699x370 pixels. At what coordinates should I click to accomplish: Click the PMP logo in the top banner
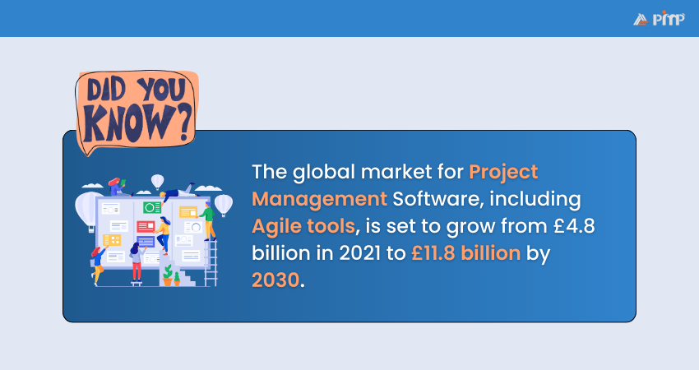(659, 19)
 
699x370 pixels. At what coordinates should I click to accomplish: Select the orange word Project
(503, 173)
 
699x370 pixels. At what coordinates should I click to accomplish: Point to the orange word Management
(319, 199)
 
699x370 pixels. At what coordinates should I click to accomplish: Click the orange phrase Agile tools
(303, 226)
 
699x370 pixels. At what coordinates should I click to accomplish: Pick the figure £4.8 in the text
(574, 225)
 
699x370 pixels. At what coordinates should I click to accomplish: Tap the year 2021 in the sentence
(359, 253)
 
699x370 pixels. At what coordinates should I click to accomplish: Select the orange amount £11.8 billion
(465, 253)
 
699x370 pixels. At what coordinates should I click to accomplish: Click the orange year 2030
(275, 280)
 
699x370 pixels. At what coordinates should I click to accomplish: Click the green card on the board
(152, 207)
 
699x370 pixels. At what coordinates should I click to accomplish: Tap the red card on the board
(146, 226)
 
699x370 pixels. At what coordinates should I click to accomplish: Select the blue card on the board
(146, 242)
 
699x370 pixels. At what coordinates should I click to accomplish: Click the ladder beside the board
(211, 262)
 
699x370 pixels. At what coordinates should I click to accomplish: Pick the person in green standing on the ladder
(208, 220)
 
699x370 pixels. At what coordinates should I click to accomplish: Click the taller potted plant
(168, 275)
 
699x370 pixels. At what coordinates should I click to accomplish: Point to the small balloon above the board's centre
(157, 182)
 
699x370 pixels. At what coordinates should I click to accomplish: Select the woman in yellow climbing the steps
(162, 235)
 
